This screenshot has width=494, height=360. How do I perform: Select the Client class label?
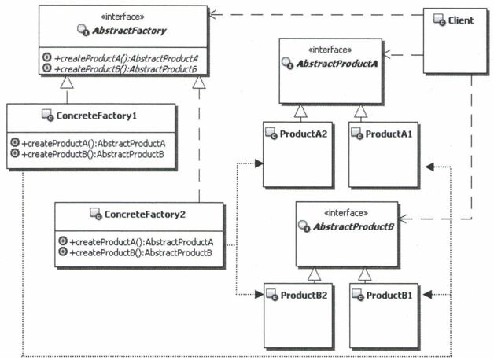pyautogui.click(x=461, y=20)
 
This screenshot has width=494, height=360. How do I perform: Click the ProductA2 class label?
pyautogui.click(x=303, y=134)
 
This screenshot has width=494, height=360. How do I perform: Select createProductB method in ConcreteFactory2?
pyautogui.click(x=142, y=252)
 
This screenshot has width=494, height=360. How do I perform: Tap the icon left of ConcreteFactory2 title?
pyautogui.click(x=96, y=213)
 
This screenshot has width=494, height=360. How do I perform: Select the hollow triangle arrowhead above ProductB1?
pyautogui.click(x=363, y=274)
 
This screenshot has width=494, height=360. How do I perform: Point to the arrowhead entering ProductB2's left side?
pyautogui.click(x=259, y=295)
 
